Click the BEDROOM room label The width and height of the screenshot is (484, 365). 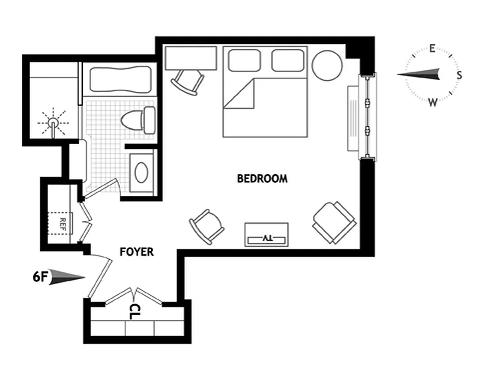(262, 178)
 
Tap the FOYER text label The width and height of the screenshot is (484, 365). (137, 252)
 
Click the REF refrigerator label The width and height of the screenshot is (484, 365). (63, 223)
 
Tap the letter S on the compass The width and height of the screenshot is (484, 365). (459, 75)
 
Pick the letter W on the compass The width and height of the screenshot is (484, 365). (433, 102)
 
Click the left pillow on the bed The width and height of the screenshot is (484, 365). (244, 60)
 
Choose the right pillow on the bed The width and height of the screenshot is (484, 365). (287, 60)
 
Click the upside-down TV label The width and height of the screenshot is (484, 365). (267, 238)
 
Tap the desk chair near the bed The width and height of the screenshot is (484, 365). (187, 82)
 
